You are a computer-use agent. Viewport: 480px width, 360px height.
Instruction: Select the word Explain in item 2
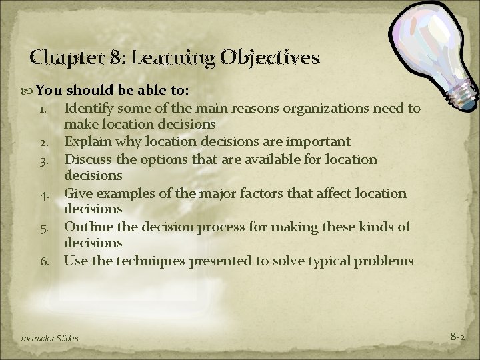(87, 142)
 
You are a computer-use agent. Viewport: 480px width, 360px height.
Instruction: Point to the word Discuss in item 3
(88, 159)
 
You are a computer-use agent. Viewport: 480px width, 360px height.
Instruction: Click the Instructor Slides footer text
(49, 339)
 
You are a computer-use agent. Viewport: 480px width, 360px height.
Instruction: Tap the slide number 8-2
(457, 337)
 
